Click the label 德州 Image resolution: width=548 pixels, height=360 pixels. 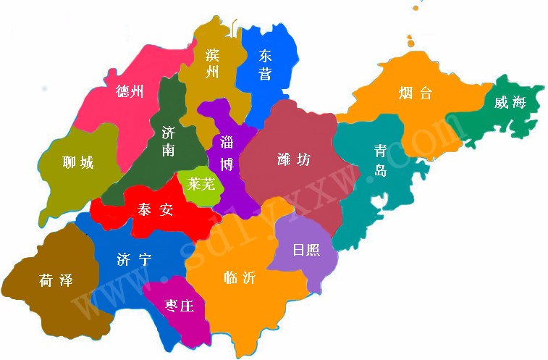point(130,91)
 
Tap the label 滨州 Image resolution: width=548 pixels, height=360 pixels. point(212,63)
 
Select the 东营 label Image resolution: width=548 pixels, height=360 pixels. point(265,64)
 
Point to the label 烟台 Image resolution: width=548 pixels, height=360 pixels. point(416,93)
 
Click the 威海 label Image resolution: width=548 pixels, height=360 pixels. point(510,102)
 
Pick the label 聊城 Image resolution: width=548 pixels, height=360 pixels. point(78,162)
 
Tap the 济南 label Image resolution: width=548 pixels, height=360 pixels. point(168,141)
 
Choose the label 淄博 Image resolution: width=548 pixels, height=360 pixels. point(227,152)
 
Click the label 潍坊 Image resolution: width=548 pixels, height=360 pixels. point(294,159)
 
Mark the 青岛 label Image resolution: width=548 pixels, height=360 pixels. point(380,160)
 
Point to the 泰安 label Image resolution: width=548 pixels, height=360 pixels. point(156,210)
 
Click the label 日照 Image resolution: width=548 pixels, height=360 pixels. point(306,251)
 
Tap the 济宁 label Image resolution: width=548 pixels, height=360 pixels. point(134,259)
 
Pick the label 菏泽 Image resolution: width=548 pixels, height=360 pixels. point(56,280)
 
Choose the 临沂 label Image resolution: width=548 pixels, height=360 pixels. point(240,278)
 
